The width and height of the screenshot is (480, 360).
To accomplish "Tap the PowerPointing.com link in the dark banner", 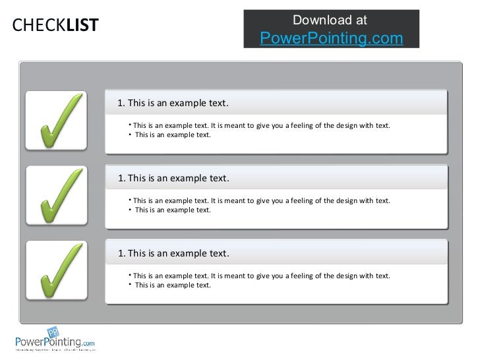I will [x=331, y=38].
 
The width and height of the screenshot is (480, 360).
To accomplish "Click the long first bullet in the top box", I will [x=260, y=125].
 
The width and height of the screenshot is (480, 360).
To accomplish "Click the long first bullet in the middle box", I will [x=260, y=200].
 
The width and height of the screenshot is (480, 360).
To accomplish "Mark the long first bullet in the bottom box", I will [x=260, y=275].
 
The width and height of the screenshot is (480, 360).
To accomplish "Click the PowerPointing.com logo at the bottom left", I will [x=55, y=342].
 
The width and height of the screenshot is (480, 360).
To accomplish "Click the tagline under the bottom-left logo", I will [x=55, y=351].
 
